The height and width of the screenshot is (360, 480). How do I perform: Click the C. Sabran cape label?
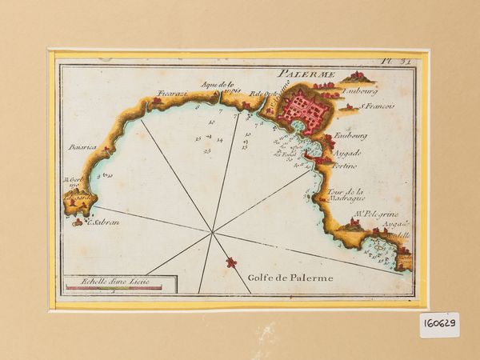coord(102,222)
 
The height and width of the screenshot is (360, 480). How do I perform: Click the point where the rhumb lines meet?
coord(213,234)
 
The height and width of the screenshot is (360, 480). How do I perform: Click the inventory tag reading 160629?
coord(439,325)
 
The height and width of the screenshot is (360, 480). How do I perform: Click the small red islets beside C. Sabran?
coord(78,223)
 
